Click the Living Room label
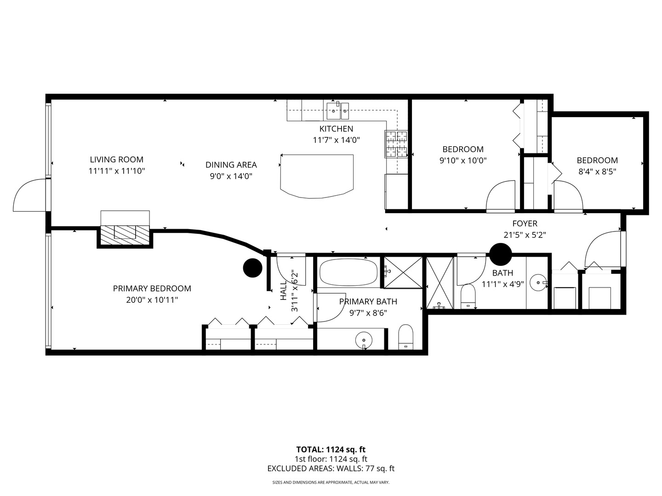pyautogui.click(x=116, y=159)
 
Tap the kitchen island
pyautogui.click(x=317, y=176)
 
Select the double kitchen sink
pyautogui.click(x=337, y=109)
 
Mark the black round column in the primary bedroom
pyautogui.click(x=252, y=268)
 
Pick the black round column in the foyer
pyautogui.click(x=500, y=254)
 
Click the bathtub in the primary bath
pyautogui.click(x=348, y=272)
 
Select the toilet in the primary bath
pyautogui.click(x=406, y=338)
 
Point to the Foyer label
pyautogui.click(x=525, y=224)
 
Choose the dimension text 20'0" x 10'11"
pyautogui.click(x=152, y=300)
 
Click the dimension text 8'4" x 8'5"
pyautogui.click(x=597, y=172)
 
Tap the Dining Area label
pyautogui.click(x=231, y=165)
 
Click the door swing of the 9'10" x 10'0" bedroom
pyautogui.click(x=501, y=196)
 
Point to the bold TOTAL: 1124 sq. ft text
pyautogui.click(x=331, y=450)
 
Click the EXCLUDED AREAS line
pyautogui.click(x=331, y=468)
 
